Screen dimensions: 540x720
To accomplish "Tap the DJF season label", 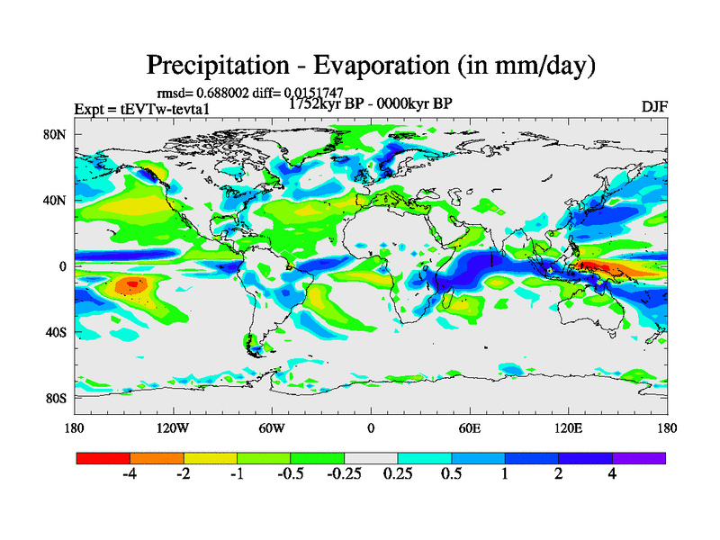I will click(x=653, y=106).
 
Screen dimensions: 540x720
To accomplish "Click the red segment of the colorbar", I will click(x=103, y=458).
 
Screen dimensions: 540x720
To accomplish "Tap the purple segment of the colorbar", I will click(x=639, y=458).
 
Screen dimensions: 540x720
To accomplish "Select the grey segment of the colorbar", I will click(x=371, y=458).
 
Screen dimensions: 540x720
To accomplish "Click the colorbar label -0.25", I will click(x=344, y=475).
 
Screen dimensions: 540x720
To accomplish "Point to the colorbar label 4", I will click(x=612, y=475).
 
